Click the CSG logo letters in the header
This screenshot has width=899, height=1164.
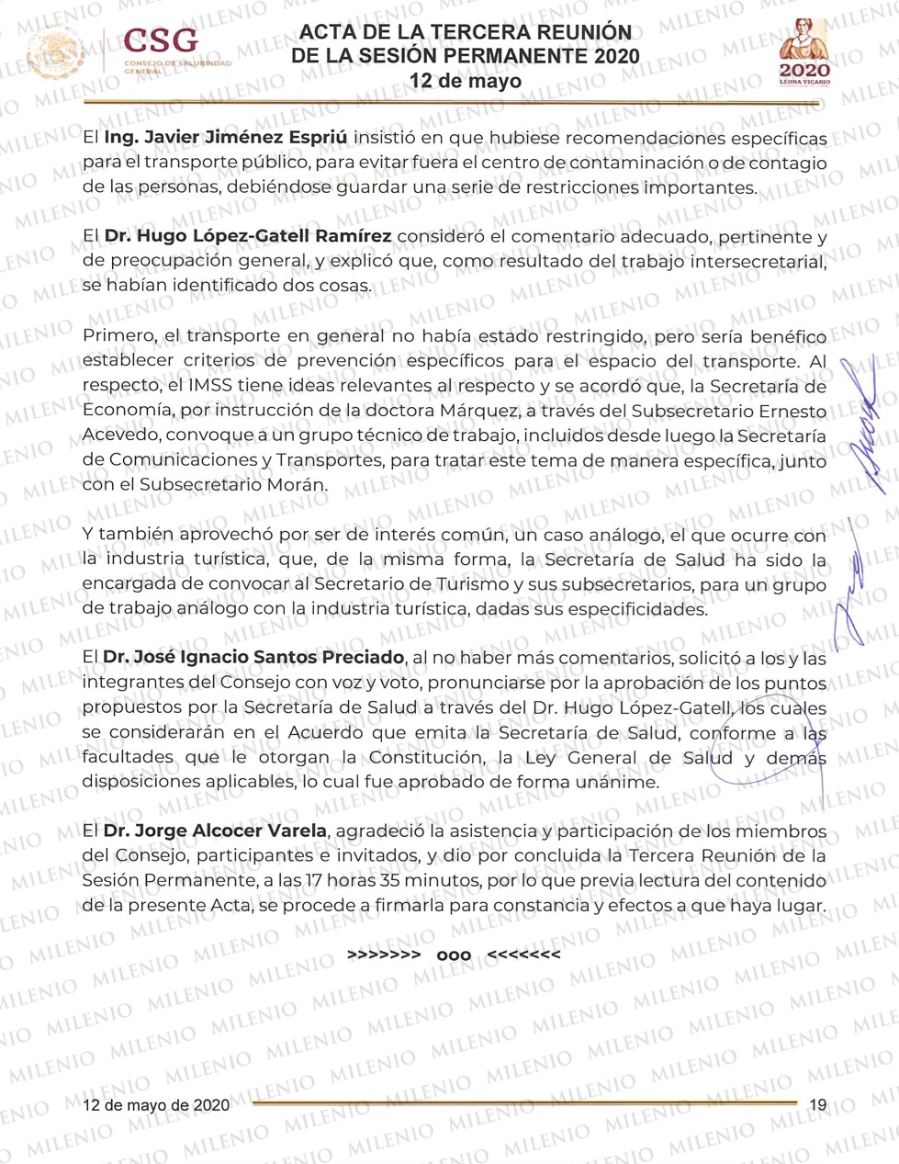coord(161,41)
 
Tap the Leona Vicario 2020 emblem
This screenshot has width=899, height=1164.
coord(804,52)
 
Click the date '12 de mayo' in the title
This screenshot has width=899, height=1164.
coord(466,81)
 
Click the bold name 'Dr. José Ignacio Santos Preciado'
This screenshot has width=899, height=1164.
coord(253,657)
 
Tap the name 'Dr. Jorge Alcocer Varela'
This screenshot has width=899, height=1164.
coord(215,831)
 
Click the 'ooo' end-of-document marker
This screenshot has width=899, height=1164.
coord(454,955)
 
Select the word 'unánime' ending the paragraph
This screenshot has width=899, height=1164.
coord(624,783)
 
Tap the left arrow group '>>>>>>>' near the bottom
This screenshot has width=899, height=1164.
coord(384,955)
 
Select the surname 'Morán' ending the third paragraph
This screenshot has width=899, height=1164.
coord(301,484)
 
